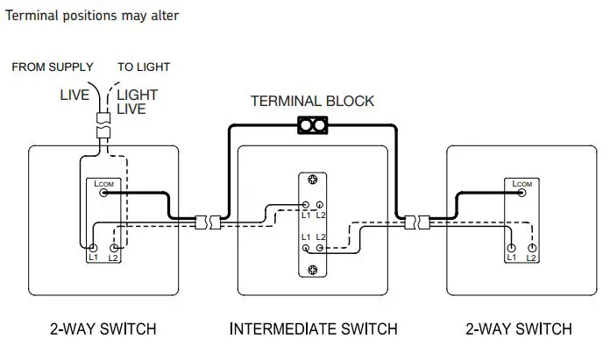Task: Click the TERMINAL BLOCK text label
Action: point(312,101)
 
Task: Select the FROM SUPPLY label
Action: point(53,67)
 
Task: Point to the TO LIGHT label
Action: point(144,67)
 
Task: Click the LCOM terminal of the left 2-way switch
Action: point(103,193)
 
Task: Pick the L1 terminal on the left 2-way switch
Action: point(92,247)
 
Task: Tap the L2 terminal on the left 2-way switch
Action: point(114,247)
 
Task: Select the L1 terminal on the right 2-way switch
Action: point(511,247)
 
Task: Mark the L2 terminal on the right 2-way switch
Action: point(532,247)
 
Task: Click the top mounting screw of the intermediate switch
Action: point(312,180)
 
